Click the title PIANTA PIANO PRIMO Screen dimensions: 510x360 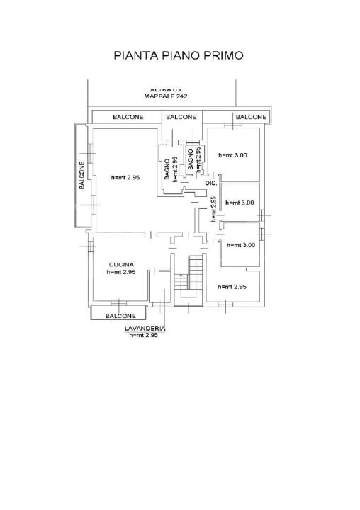coord(179,55)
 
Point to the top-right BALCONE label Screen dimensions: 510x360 coord(251,117)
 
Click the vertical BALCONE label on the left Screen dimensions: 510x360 coord(82,176)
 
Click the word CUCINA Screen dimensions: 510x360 coord(121,264)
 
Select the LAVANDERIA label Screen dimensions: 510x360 coord(145,329)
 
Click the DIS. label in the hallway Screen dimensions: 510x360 coord(210,183)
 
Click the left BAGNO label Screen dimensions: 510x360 coord(167,169)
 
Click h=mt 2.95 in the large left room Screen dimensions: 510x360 coord(126,177)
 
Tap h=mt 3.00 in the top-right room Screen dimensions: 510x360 coord(232,155)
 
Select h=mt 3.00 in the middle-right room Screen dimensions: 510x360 coord(240,203)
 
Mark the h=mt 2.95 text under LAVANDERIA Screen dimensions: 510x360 coord(145,335)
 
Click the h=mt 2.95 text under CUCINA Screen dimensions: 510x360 coord(121,271)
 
